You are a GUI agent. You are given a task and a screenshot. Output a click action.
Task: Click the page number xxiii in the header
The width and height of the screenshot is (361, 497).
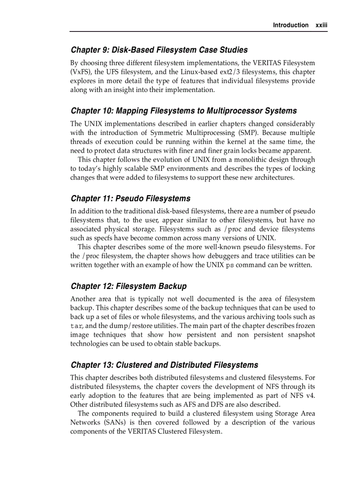[x=321, y=25]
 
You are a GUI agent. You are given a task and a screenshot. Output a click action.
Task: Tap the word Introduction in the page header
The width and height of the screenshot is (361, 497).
[x=291, y=25]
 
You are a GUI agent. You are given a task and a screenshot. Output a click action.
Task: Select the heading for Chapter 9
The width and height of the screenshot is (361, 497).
[x=159, y=50]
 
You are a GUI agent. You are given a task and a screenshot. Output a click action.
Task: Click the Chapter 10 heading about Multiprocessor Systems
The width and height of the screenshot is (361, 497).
[x=184, y=111]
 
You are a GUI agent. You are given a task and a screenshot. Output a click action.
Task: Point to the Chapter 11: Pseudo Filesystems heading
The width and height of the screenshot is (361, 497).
[x=131, y=198]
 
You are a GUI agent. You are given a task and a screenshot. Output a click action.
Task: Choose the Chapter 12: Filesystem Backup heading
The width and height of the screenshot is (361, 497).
[x=129, y=286]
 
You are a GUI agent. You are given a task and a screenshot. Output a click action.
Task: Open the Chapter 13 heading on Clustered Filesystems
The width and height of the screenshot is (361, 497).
[x=164, y=365]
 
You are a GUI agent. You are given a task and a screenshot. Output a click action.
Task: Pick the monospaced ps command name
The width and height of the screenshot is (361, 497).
[x=230, y=265]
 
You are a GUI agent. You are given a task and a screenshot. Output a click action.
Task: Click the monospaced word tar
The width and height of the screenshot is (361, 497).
[x=76, y=326]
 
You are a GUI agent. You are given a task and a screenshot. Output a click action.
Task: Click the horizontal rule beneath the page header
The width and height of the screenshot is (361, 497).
[x=198, y=31]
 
